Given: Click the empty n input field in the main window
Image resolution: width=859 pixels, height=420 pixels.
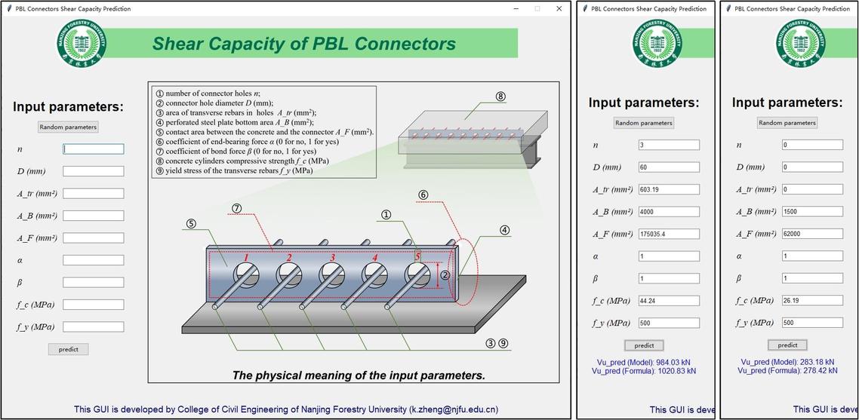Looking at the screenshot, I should pos(93,149).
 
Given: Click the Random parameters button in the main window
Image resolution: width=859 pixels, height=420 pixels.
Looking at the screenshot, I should pos(69,127).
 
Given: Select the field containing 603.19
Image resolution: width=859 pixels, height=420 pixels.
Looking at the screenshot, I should pos(669,189).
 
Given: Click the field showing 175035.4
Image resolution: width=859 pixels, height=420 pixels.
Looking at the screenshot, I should pos(669,234).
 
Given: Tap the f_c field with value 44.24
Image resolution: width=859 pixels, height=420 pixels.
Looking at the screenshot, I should pos(669,301).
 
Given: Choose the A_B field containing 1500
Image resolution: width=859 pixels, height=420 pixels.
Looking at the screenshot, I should pos(812,212).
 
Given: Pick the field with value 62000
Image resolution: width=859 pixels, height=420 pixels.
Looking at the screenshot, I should pos(812,234).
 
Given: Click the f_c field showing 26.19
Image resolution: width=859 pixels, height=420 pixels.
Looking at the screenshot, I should pos(812,301).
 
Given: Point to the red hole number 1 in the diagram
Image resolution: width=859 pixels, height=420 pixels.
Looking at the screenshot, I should pos(246,259).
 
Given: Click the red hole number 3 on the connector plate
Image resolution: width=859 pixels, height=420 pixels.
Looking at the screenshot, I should pos(331,259).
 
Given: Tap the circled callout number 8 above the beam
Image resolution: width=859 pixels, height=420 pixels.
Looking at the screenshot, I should pos(500,97).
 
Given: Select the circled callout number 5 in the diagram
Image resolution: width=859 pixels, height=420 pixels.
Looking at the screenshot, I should pos(191,223).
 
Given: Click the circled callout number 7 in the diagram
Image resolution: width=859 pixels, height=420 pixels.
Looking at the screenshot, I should pos(236,208).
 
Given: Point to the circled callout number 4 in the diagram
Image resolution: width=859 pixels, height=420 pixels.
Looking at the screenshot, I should pos(504,231).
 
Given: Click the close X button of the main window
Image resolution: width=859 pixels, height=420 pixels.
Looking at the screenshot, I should pos(559,9).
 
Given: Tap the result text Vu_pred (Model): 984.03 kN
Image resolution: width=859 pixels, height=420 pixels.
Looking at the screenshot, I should pos(644,362).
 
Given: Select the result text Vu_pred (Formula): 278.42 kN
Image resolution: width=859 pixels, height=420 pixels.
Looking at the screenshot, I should pos(787,370).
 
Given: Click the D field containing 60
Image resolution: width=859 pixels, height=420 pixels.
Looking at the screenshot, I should pos(669,167).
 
